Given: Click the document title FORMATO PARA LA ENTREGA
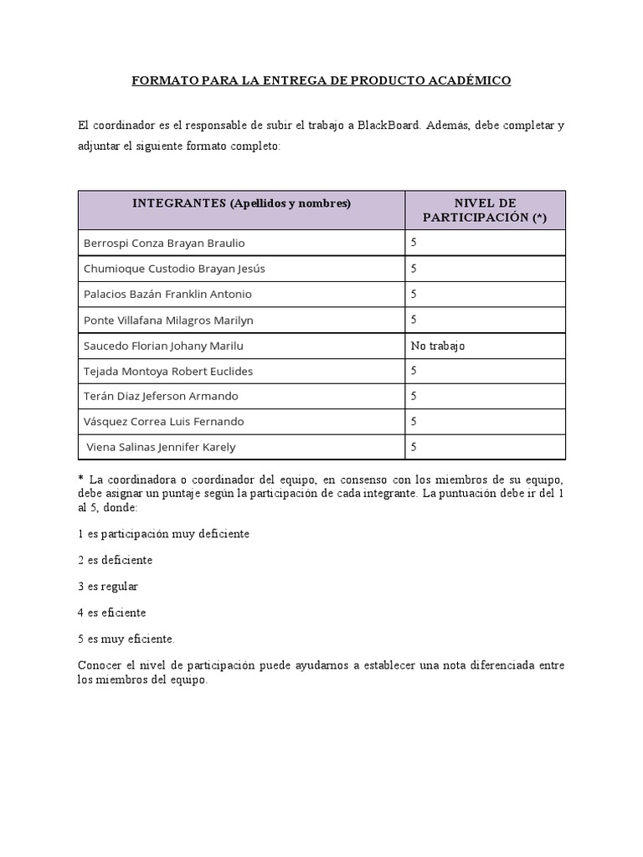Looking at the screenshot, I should point(321,81).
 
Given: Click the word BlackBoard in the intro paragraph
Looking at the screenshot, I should point(389,126).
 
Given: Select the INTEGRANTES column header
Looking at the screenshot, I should point(241,203).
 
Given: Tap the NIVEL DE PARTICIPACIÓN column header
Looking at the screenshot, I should point(485,210).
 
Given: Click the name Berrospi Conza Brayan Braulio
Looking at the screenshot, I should point(164,243).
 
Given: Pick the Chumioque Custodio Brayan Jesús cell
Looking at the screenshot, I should point(174,269).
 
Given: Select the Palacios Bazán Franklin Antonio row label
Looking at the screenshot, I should point(167,295).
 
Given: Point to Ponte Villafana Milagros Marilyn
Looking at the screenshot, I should point(168,320).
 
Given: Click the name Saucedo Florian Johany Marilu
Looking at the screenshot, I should point(163,346).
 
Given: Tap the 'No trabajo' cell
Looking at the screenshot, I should point(438,346).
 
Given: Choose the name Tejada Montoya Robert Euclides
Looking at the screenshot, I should point(168,371).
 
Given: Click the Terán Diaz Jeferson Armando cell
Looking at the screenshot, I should point(161,396).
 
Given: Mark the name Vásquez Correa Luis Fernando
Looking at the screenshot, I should point(164,422).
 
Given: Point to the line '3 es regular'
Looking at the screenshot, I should point(108,587).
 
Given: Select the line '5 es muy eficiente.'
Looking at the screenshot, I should point(126,639).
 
